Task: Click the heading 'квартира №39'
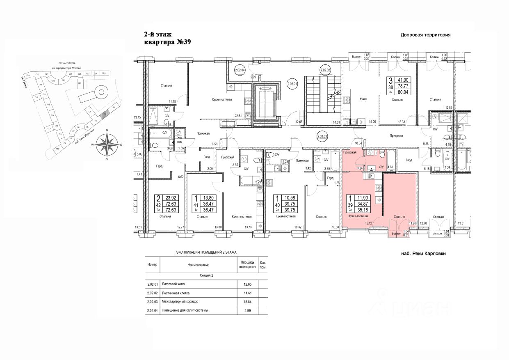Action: point(168,42)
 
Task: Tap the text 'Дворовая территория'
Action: point(425,35)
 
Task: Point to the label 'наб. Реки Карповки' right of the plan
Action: point(423,254)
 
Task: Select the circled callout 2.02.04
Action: point(240,70)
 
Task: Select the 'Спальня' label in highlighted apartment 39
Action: point(399,216)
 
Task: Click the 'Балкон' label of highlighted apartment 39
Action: point(397,233)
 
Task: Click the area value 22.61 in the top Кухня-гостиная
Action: point(238,116)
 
